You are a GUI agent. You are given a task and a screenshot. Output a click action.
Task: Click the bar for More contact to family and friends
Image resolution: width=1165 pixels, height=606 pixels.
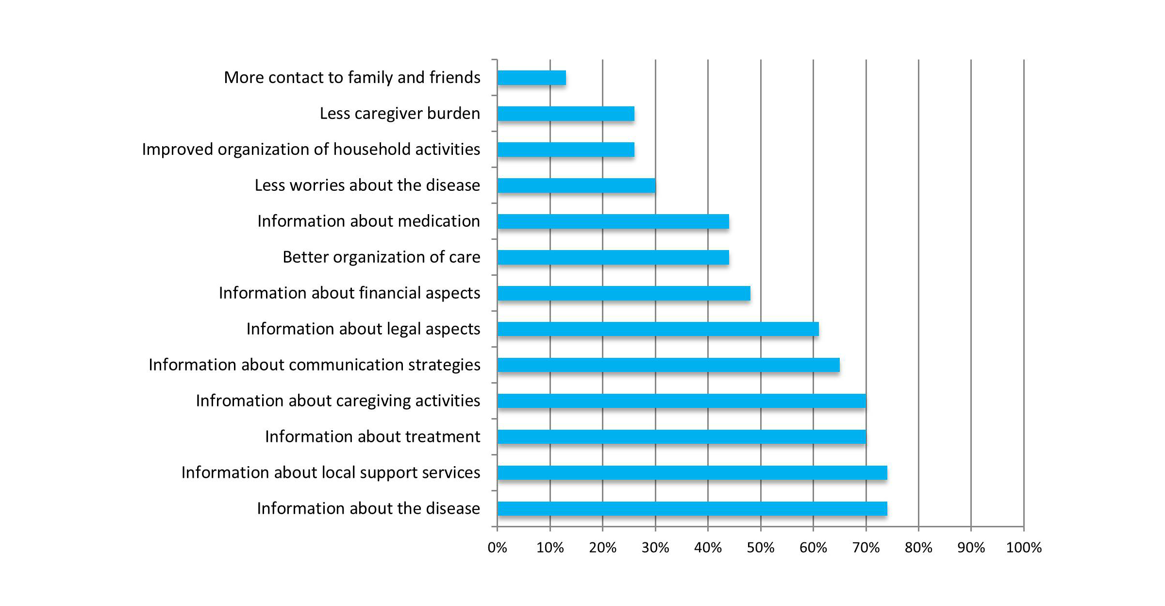click(532, 78)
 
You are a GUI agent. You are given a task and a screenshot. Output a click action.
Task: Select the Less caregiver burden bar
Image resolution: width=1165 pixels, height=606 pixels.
click(566, 114)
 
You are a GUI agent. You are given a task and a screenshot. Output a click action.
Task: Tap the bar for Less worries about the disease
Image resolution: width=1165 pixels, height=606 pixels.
click(576, 185)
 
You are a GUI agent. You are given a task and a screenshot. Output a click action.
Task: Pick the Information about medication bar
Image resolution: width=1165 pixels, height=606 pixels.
click(613, 221)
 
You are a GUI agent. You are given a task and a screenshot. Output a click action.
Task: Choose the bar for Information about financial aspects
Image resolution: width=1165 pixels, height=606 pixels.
click(624, 293)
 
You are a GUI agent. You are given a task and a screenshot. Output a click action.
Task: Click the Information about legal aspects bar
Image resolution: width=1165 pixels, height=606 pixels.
click(658, 329)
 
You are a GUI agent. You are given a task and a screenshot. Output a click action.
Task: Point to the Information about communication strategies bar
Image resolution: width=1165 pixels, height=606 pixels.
click(668, 365)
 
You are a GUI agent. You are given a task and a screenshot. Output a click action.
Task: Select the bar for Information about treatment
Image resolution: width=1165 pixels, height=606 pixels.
click(682, 437)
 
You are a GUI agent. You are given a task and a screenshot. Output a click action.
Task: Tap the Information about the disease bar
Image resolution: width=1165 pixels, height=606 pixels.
click(692, 509)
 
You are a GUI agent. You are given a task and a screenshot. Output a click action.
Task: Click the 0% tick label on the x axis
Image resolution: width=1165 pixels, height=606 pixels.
click(497, 548)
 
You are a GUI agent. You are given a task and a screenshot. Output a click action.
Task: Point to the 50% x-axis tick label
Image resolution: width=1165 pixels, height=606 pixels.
click(760, 548)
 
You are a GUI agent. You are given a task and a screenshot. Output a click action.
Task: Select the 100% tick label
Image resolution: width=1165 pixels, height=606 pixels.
click(1024, 548)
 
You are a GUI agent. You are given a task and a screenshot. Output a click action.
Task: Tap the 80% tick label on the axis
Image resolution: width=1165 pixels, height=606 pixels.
click(918, 548)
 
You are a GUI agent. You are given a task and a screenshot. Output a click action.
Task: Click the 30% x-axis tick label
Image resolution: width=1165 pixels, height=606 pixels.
click(655, 548)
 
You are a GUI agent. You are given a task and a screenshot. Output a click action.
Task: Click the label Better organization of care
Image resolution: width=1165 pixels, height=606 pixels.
click(382, 257)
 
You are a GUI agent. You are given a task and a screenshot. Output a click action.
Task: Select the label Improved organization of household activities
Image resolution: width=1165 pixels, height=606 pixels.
click(311, 150)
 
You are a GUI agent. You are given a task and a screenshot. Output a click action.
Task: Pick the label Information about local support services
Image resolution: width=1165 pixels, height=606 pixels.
click(331, 473)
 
